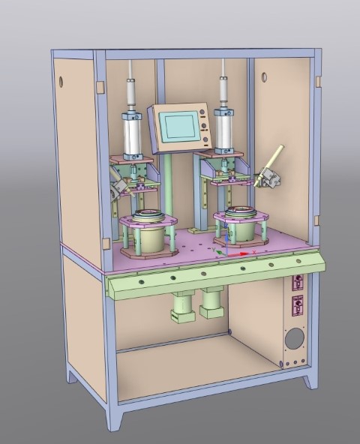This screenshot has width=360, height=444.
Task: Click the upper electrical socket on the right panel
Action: [x=297, y=283]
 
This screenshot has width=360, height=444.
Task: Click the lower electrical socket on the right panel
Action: [x=297, y=305]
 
